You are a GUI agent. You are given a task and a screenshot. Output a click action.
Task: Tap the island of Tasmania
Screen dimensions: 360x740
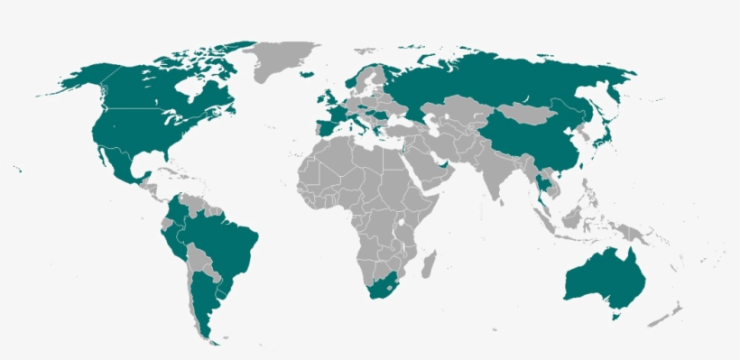point(616,315)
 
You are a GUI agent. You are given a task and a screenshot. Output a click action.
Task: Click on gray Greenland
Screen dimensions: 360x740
point(281,60)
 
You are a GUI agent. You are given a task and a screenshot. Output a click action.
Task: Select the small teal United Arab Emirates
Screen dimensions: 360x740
point(441,170)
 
